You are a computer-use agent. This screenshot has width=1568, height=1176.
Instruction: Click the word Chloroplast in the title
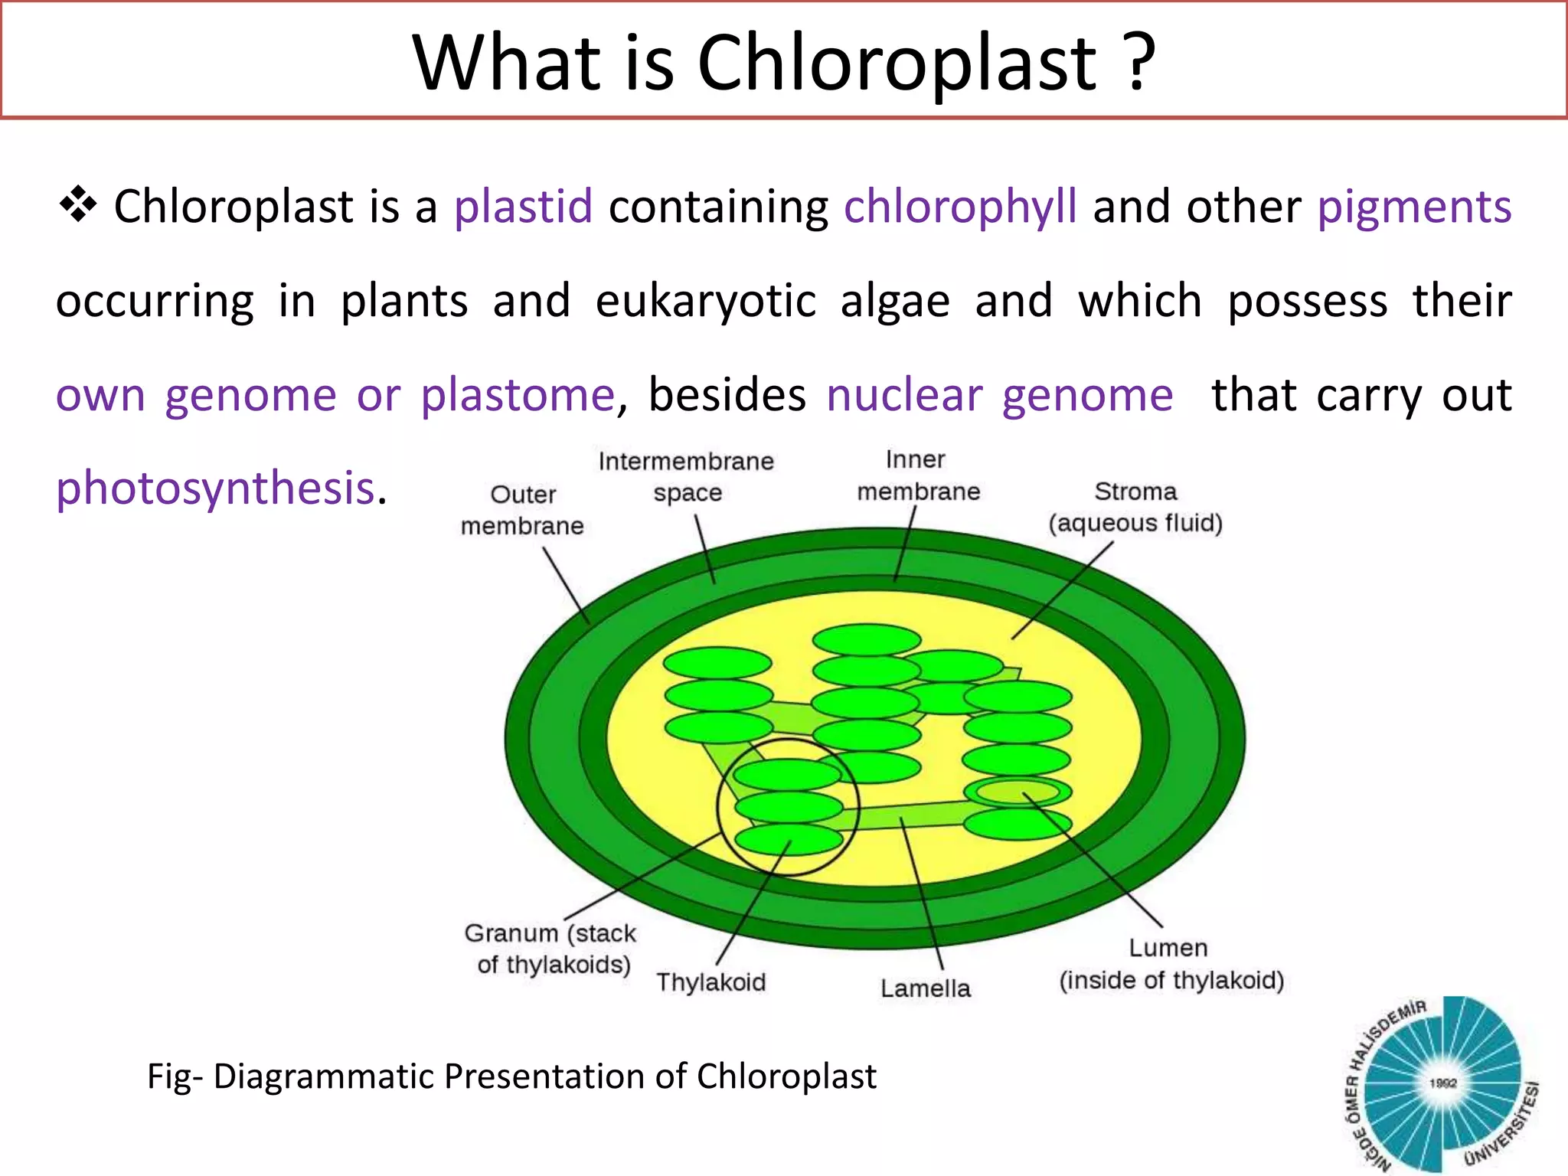(x=897, y=63)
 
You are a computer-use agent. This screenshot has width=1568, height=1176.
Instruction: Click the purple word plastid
(x=523, y=207)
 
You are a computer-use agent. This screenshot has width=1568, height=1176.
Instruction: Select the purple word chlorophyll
(x=960, y=207)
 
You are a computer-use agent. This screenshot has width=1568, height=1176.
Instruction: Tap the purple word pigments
(x=1414, y=207)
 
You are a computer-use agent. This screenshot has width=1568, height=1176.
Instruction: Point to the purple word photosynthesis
(x=215, y=488)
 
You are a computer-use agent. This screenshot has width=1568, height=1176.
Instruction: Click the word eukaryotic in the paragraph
(x=705, y=301)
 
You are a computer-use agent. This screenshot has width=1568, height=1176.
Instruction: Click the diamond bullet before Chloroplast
(x=77, y=205)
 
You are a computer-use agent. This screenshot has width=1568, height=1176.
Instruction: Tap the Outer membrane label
(x=522, y=511)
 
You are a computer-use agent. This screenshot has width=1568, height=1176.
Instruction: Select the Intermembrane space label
(x=686, y=477)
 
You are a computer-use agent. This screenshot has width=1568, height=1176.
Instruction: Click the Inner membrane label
(x=917, y=475)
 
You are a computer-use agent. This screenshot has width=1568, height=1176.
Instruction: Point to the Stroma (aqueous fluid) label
(x=1135, y=507)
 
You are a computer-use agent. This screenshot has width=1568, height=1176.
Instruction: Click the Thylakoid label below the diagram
(x=710, y=982)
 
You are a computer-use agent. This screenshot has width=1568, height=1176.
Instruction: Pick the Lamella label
(x=925, y=988)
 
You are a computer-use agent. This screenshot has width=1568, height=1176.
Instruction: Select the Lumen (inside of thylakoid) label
(x=1171, y=965)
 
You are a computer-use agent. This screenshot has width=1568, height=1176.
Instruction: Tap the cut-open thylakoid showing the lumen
(x=1017, y=791)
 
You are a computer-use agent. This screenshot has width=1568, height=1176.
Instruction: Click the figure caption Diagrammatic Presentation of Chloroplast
(x=511, y=1076)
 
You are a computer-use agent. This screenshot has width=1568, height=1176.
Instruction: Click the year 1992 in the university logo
(x=1442, y=1083)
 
